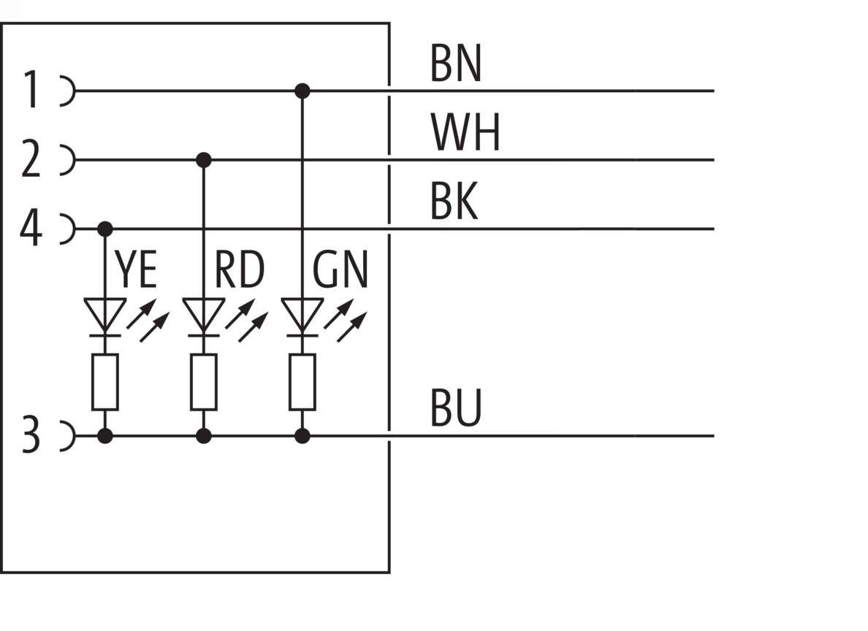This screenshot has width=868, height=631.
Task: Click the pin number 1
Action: (31, 90)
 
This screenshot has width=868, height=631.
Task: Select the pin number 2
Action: (31, 159)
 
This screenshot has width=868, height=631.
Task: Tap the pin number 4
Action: (31, 228)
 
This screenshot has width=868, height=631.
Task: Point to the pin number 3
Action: (31, 435)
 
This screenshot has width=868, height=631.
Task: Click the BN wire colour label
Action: (456, 64)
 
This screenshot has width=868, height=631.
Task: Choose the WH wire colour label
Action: (465, 132)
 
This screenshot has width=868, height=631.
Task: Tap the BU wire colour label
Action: (456, 408)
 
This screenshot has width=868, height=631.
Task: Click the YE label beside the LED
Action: (136, 269)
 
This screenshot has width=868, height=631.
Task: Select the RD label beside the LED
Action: (239, 269)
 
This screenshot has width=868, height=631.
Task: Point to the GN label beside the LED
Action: (340, 269)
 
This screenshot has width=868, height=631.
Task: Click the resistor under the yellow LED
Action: (104, 382)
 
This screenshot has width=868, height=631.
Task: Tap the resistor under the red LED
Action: (204, 382)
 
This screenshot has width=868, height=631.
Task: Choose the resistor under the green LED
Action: (302, 382)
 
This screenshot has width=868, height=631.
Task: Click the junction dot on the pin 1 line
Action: (302, 91)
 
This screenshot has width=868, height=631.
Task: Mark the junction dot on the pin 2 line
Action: (204, 160)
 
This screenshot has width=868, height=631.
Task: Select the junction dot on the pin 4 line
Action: (104, 229)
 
